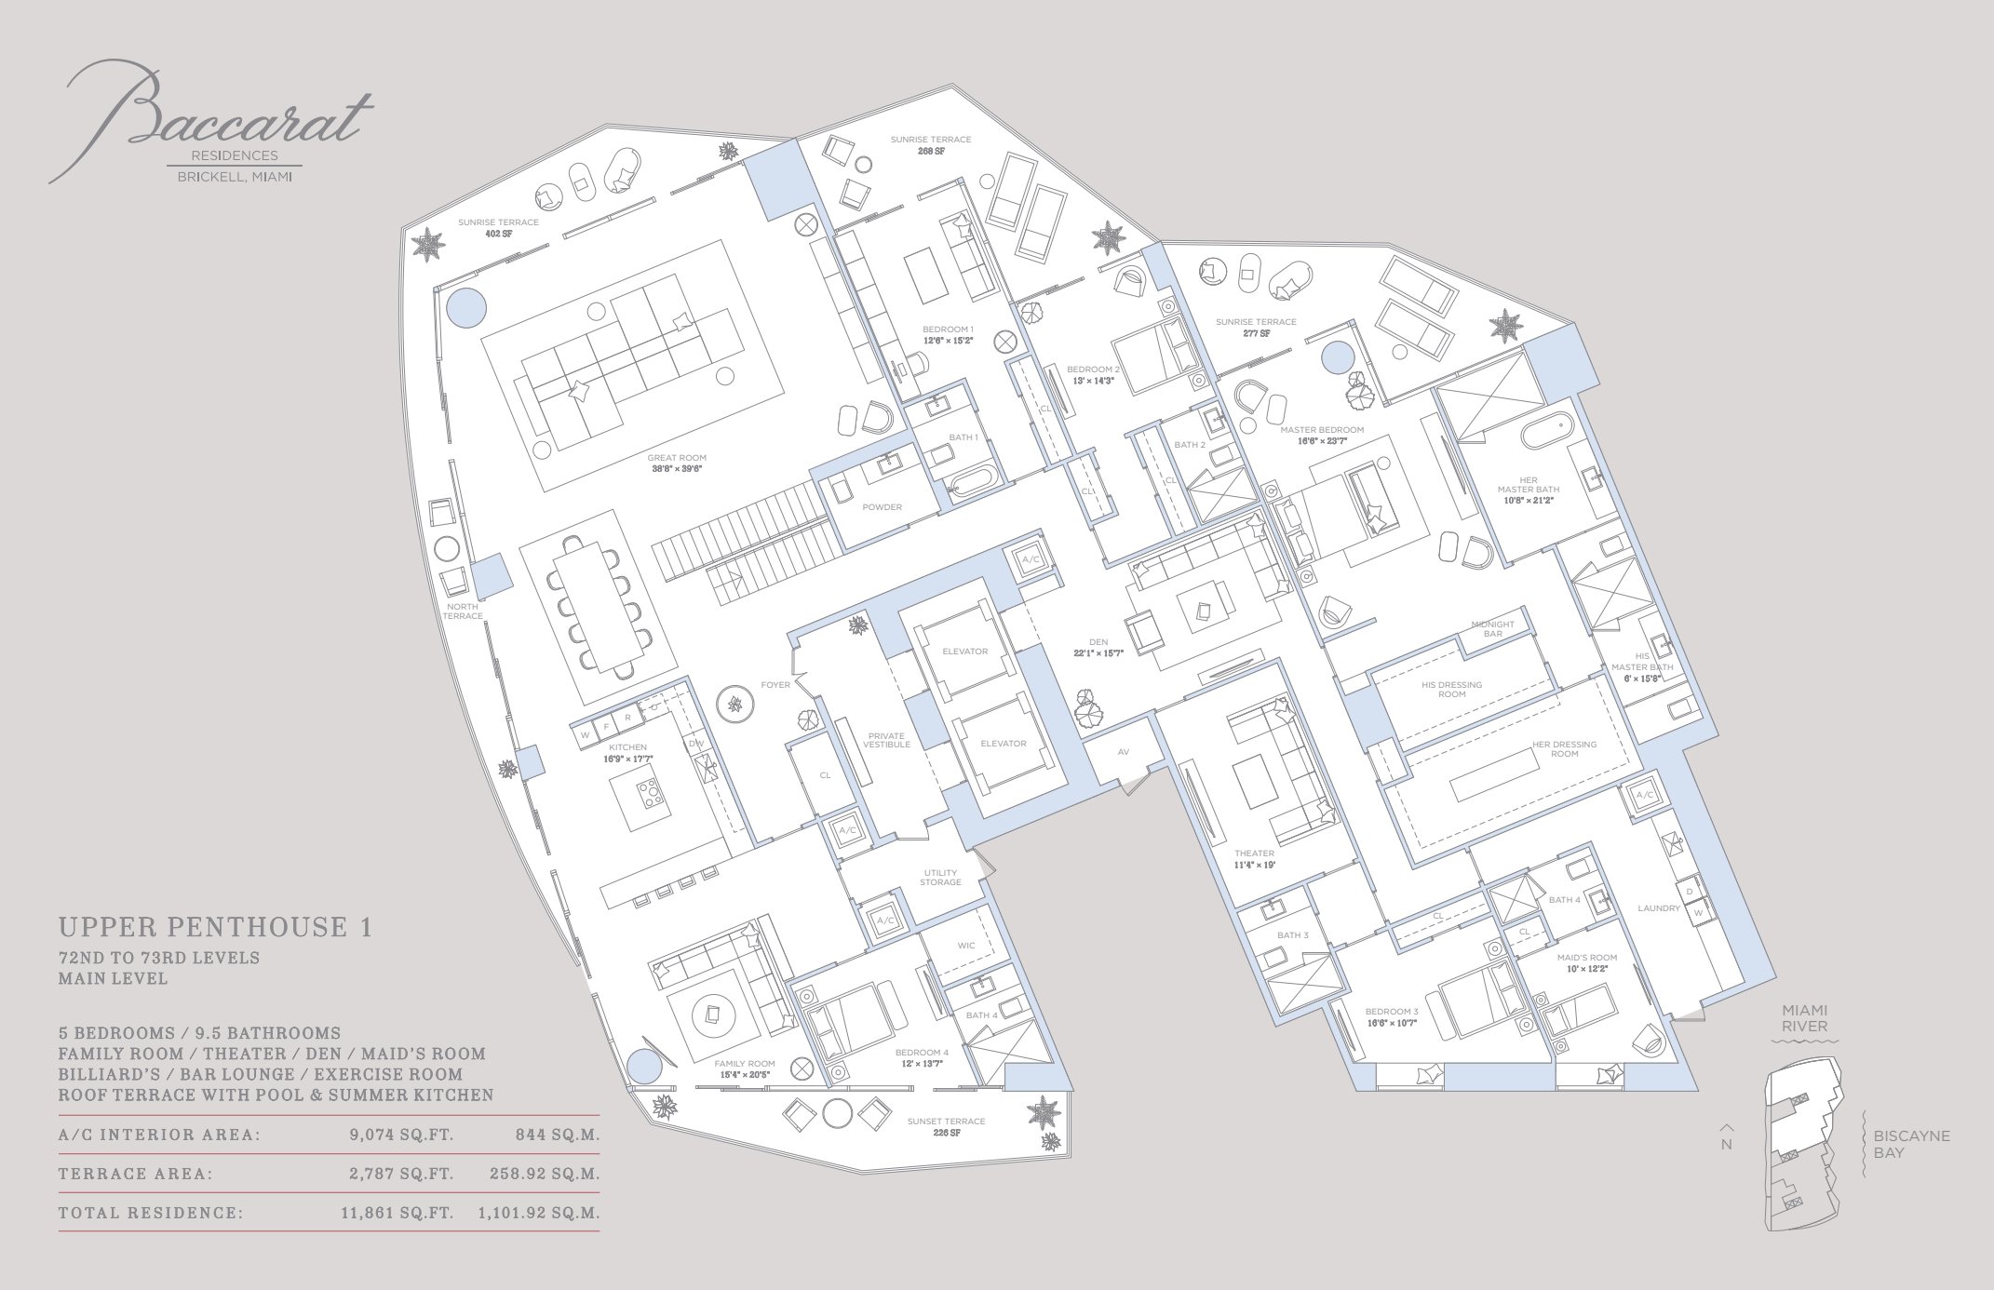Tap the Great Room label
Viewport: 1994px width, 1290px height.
(677, 458)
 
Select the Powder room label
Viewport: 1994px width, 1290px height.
(882, 507)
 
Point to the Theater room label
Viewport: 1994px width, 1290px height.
(1254, 853)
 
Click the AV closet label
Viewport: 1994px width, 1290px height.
(1123, 752)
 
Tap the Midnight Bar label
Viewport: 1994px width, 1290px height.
(1492, 629)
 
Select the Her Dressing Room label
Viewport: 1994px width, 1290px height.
(1564, 749)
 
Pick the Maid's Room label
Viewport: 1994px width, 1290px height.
(1586, 958)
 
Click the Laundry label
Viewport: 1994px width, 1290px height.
(1659, 908)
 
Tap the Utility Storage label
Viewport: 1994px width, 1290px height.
(940, 878)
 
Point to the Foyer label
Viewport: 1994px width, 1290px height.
(775, 685)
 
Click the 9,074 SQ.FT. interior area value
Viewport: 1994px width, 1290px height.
(401, 1135)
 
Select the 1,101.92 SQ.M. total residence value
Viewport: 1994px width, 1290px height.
(538, 1213)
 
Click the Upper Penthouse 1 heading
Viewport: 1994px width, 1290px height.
(215, 927)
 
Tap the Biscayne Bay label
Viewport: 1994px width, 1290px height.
(1911, 1144)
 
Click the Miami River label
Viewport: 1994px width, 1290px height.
(1804, 1018)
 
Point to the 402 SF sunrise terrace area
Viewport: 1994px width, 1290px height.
(498, 234)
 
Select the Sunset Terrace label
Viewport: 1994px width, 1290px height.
(946, 1122)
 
